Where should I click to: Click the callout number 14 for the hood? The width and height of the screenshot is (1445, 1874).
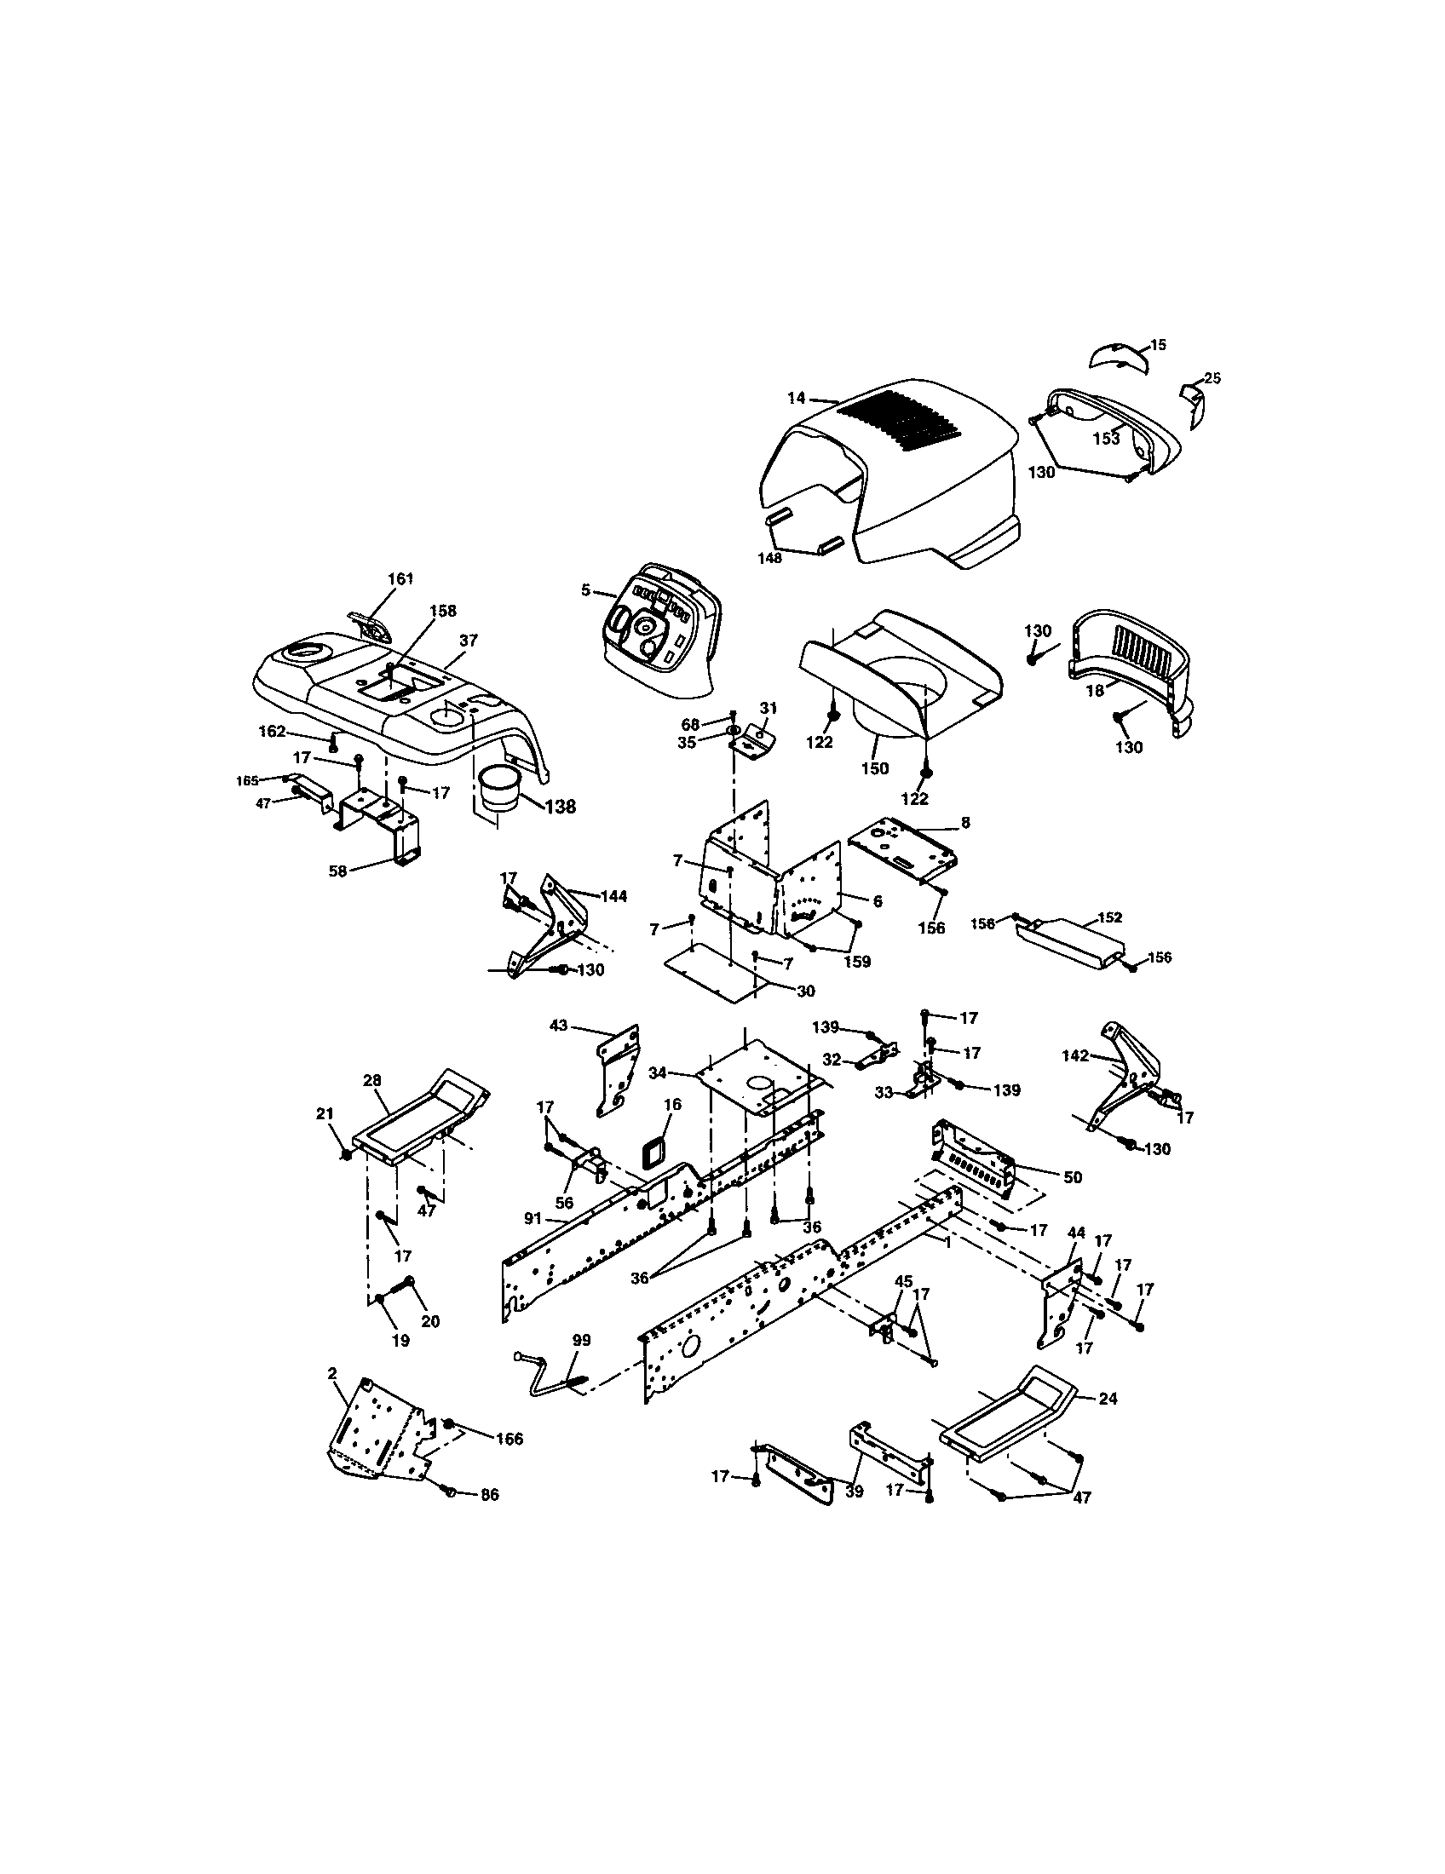(x=796, y=397)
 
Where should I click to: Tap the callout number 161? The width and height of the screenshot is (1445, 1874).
(x=400, y=578)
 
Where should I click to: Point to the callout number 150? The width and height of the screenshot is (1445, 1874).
(x=875, y=768)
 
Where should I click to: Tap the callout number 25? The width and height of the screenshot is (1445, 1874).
(x=1212, y=377)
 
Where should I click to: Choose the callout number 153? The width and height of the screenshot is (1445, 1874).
(x=1106, y=439)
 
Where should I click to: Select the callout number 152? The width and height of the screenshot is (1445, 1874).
(x=1109, y=917)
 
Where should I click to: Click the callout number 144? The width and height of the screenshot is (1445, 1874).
(x=613, y=896)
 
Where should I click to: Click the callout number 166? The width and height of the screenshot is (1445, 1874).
(x=509, y=1439)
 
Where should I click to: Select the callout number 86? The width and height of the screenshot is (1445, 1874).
(x=489, y=1494)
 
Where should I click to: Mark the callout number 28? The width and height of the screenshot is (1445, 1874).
(x=371, y=1080)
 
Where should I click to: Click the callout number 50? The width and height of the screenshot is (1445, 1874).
(x=1073, y=1177)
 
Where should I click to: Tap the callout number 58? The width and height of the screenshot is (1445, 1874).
(x=338, y=871)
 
